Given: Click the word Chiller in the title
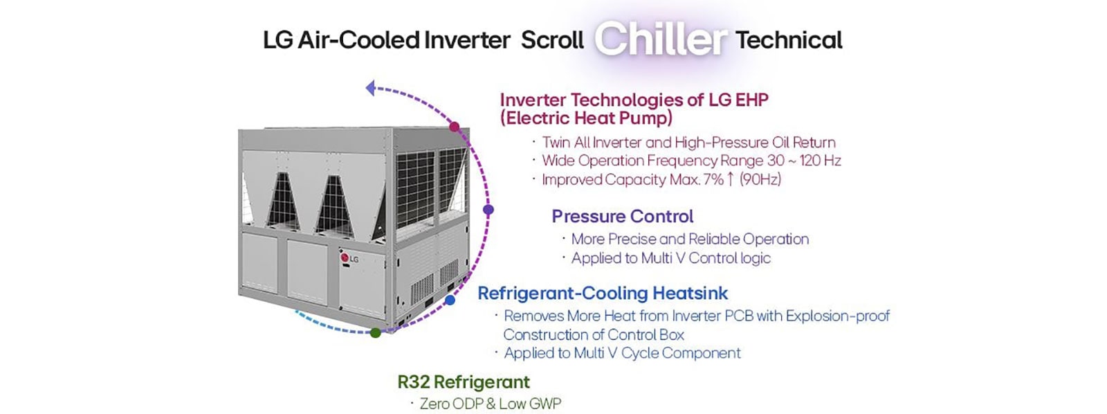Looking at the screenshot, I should pyautogui.click(x=660, y=39).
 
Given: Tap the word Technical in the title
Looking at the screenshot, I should pyautogui.click(x=789, y=40).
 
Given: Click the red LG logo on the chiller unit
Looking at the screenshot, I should pyautogui.click(x=345, y=259).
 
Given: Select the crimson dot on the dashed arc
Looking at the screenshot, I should pyautogui.click(x=454, y=127).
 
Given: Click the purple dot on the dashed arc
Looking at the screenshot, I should pyautogui.click(x=488, y=210).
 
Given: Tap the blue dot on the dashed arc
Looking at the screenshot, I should pyautogui.click(x=450, y=300).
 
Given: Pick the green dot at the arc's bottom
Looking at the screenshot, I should pyautogui.click(x=375, y=333).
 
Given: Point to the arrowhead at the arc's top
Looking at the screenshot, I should pyautogui.click(x=371, y=88).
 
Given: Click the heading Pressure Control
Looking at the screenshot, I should pyautogui.click(x=622, y=216).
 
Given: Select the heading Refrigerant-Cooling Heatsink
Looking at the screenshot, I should pyautogui.click(x=603, y=293).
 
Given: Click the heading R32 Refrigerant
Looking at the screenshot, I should pyautogui.click(x=464, y=381).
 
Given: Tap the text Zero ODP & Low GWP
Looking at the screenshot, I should pyautogui.click(x=490, y=404).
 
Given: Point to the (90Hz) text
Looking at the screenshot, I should pyautogui.click(x=760, y=179).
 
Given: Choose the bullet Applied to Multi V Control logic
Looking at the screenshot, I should pyautogui.click(x=670, y=258).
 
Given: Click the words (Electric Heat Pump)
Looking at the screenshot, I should pyautogui.click(x=586, y=118).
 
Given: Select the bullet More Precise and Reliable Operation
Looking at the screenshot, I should pyautogui.click(x=690, y=239).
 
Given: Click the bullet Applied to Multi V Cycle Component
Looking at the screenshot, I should pyautogui.click(x=622, y=353).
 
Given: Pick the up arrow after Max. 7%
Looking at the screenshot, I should pyautogui.click(x=730, y=179).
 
